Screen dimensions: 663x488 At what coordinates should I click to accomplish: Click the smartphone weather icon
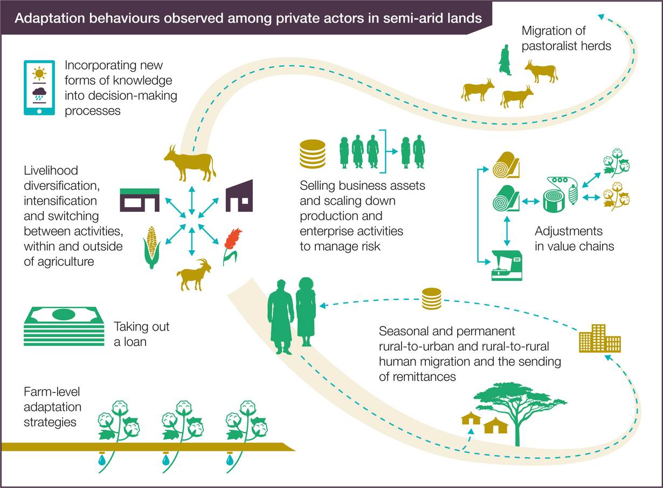click(x=39, y=88)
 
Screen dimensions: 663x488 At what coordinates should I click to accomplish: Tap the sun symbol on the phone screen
click(x=39, y=73)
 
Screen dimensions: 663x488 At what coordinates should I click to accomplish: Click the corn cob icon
click(x=151, y=248)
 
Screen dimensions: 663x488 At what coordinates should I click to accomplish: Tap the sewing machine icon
click(x=507, y=265)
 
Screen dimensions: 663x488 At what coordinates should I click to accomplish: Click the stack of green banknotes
click(x=64, y=326)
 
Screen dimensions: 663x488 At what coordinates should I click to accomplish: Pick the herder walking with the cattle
click(x=505, y=60)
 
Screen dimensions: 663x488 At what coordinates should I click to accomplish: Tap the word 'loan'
click(x=135, y=342)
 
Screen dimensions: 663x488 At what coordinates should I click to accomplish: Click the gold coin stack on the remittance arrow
click(x=432, y=299)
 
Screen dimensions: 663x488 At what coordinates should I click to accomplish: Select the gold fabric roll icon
click(x=506, y=165)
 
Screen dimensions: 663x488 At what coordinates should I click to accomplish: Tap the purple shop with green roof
click(x=140, y=200)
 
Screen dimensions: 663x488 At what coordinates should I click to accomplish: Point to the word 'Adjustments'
click(x=569, y=231)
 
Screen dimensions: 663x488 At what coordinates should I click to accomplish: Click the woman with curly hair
click(x=306, y=312)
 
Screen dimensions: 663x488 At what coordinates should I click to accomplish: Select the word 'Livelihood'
click(x=51, y=170)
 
